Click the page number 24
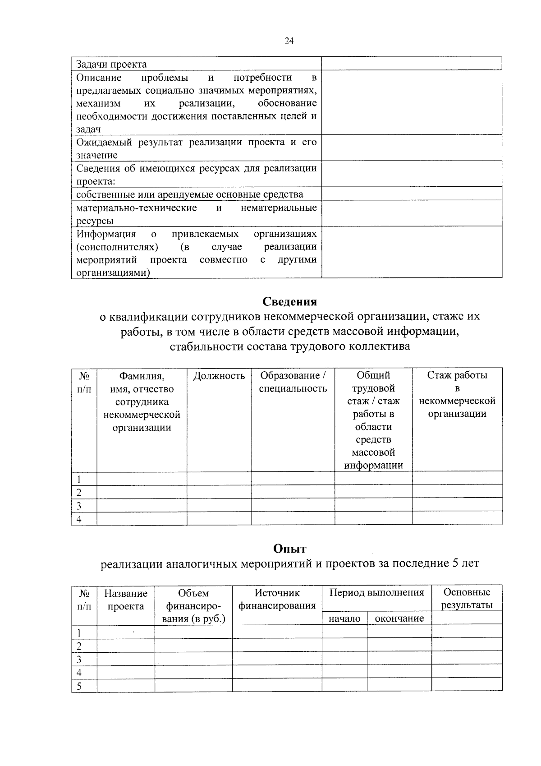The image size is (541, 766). click(289, 41)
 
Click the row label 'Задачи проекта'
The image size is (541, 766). click(111, 64)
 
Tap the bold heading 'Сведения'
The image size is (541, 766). click(289, 301)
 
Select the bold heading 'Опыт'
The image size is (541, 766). click(289, 549)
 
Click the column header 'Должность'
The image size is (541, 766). click(219, 376)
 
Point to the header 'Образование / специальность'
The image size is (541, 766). click(293, 382)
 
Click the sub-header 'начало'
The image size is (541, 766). click(344, 618)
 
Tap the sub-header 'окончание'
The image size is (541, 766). click(399, 618)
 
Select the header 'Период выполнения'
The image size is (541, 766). click(376, 593)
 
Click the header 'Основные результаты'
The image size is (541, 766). click(467, 599)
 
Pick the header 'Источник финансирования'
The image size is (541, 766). click(277, 599)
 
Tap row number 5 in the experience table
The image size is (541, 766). click(79, 687)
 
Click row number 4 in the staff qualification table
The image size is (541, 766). click(79, 519)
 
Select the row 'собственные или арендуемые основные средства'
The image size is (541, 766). click(189, 194)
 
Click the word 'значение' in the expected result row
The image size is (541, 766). click(97, 155)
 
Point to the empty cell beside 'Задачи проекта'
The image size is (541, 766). click(412, 64)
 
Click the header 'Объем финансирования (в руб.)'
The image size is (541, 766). click(193, 605)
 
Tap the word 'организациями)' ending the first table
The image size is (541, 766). click(113, 272)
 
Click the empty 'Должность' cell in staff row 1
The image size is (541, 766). click(219, 479)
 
